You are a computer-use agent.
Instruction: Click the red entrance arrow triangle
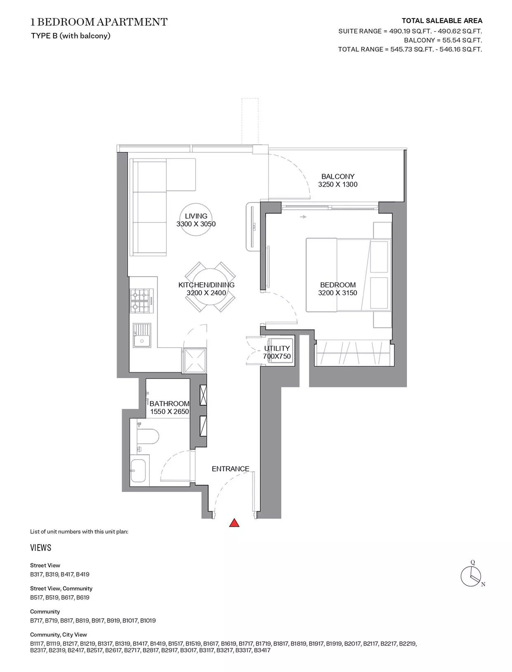(x=234, y=523)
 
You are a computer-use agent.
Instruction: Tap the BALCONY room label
(x=337, y=176)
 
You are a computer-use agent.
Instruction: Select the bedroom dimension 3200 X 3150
(x=337, y=293)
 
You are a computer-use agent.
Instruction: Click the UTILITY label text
(x=277, y=348)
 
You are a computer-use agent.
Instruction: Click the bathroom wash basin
(x=138, y=470)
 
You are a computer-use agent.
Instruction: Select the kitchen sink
(x=142, y=335)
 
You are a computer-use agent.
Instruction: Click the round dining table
(x=210, y=287)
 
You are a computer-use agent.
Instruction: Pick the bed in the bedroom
(x=348, y=275)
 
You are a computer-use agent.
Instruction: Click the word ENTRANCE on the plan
(x=230, y=469)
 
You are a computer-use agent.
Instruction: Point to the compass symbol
(x=471, y=576)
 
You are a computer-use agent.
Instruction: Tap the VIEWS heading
(x=41, y=548)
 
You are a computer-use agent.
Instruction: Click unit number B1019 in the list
(x=148, y=620)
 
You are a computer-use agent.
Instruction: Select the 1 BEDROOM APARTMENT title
(x=99, y=22)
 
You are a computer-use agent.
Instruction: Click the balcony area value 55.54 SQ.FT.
(x=462, y=40)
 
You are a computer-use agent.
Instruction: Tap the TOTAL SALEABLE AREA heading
(x=442, y=21)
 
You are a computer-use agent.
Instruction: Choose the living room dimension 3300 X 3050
(x=196, y=224)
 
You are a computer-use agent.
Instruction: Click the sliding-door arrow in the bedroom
(x=303, y=217)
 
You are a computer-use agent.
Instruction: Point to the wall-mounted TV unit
(x=253, y=227)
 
